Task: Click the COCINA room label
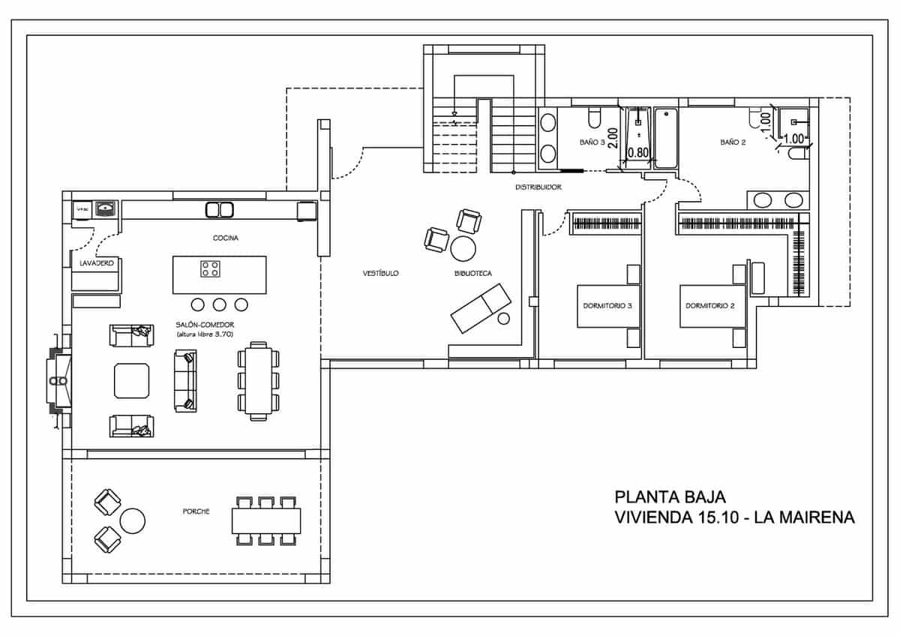[226, 238]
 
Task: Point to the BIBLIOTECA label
[472, 274]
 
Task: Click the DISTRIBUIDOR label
[538, 187]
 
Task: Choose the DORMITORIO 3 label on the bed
[607, 306]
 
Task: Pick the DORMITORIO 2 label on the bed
[709, 306]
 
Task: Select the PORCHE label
[196, 511]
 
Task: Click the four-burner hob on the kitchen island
[210, 268]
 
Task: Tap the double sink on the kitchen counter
[219, 210]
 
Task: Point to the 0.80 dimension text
[637, 152]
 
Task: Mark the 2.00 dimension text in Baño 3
[613, 138]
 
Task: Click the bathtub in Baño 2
[666, 139]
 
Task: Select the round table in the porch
[133, 520]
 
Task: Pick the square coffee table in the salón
[131, 380]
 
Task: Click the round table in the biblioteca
[463, 247]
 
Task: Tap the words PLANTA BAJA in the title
[670, 496]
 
